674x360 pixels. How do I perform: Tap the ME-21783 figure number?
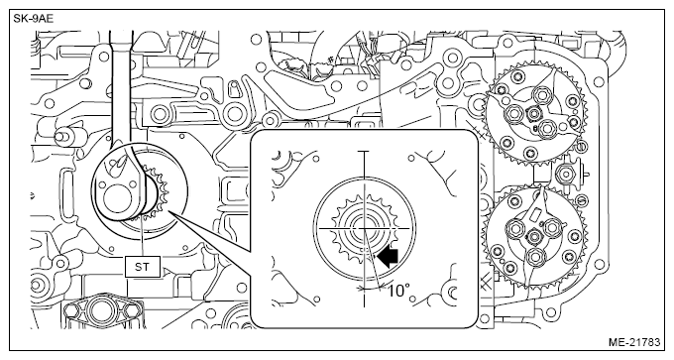pyautogui.click(x=633, y=342)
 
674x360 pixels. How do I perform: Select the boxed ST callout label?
pyautogui.click(x=142, y=267)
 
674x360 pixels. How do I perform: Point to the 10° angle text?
pyautogui.click(x=398, y=292)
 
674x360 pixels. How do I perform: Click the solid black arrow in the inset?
pyautogui.click(x=388, y=256)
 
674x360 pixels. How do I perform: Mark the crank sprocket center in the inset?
pyautogui.click(x=364, y=228)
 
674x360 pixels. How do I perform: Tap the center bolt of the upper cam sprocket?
pyautogui.click(x=534, y=113)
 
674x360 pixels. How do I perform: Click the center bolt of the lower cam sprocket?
pyautogui.click(x=534, y=236)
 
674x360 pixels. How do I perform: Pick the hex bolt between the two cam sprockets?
pyautogui.click(x=567, y=174)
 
